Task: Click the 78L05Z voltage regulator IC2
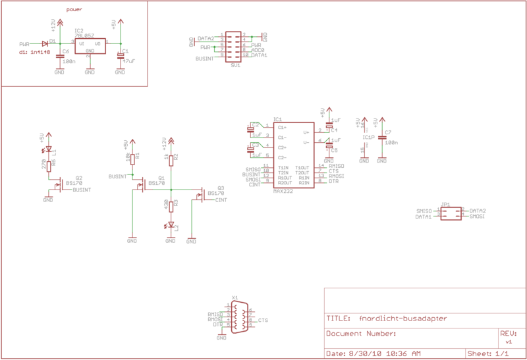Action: pyautogui.click(x=89, y=45)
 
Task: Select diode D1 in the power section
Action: pyautogui.click(x=45, y=43)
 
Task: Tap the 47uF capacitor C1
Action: pyautogui.click(x=120, y=57)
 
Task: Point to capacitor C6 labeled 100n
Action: pyautogui.click(x=59, y=57)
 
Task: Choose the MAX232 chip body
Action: pyautogui.click(x=292, y=154)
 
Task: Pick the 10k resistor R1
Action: pyautogui.click(x=132, y=158)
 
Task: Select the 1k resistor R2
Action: pyautogui.click(x=171, y=159)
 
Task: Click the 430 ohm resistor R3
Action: pyautogui.click(x=171, y=205)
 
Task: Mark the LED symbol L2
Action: pyautogui.click(x=171, y=226)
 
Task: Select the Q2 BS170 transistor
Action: pyautogui.click(x=57, y=185)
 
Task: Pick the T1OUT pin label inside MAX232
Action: pyautogui.click(x=302, y=167)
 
